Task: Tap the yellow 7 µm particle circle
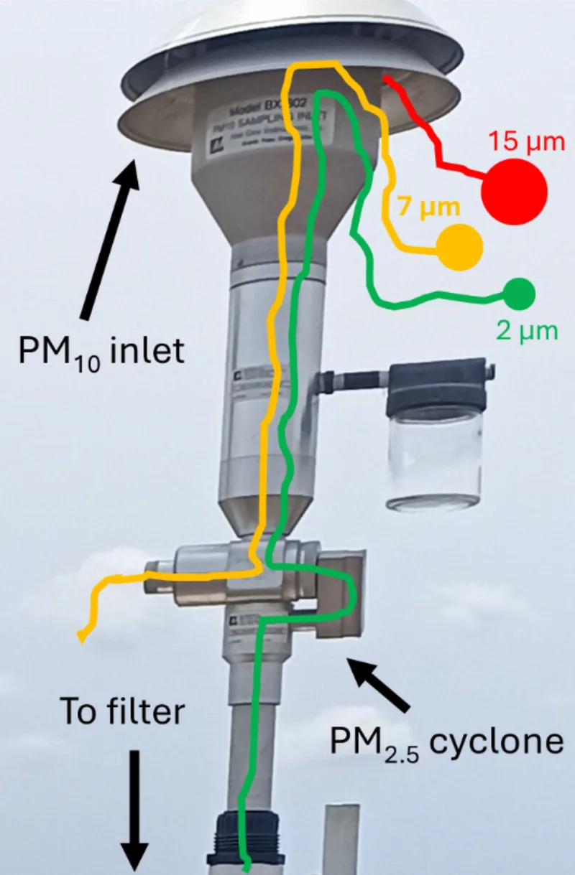point(460,248)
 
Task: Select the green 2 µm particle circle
point(520,294)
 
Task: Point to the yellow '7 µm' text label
point(428,208)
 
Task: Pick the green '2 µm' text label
point(526,332)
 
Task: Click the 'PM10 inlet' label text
point(102,352)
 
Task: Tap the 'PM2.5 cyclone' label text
point(446,742)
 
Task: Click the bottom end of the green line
point(247,869)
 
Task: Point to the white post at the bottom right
point(341,840)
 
